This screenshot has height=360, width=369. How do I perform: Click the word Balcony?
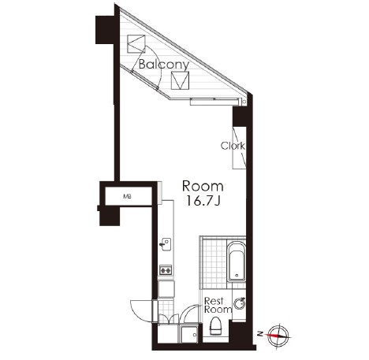click(164, 65)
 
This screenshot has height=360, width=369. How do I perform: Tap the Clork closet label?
click(233, 146)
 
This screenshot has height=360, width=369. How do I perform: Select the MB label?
click(128, 196)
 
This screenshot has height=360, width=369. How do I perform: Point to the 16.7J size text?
click(203, 201)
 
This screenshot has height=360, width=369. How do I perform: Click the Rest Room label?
click(218, 305)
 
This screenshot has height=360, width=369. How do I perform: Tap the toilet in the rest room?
click(216, 325)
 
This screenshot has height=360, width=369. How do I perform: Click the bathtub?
click(237, 262)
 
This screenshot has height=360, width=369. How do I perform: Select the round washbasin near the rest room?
click(240, 304)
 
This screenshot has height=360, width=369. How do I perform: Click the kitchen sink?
click(166, 244)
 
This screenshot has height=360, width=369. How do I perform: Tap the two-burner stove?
click(166, 269)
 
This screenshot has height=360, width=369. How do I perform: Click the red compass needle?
click(274, 336)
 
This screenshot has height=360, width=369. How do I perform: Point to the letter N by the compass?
click(260, 334)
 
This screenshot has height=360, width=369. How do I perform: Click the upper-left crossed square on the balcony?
click(136, 43)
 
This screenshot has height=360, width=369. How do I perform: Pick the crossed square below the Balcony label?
click(180, 80)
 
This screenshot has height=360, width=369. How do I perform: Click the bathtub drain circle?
click(237, 276)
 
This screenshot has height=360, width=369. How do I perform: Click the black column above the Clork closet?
click(239, 117)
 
